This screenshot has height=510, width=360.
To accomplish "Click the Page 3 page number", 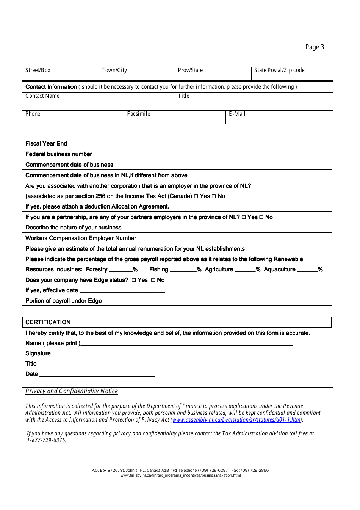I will pyautogui.click(x=315, y=47).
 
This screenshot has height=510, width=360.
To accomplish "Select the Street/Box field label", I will pyautogui.click(x=38, y=70).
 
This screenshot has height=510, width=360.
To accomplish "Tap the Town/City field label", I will pyautogui.click(x=114, y=70).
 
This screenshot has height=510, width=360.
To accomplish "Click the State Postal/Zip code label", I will pyautogui.click(x=279, y=70).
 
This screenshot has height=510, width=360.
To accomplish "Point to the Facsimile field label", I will pyautogui.click(x=139, y=114).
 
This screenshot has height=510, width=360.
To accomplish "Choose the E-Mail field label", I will pyautogui.click(x=237, y=114).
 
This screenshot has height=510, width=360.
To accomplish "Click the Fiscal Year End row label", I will pyautogui.click(x=46, y=143).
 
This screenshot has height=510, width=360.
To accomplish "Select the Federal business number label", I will pyautogui.click(x=59, y=154).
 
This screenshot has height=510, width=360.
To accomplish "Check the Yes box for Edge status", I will pyautogui.click(x=133, y=280).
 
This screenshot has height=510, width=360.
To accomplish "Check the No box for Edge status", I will pyautogui.click(x=153, y=280).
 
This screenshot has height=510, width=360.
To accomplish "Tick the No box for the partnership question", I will pyautogui.click(x=261, y=217).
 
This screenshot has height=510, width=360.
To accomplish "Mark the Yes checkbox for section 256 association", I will pyautogui.click(x=196, y=196).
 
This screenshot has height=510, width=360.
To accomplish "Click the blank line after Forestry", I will pyautogui.click(x=121, y=270).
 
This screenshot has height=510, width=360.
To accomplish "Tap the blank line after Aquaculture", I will pyautogui.click(x=307, y=270).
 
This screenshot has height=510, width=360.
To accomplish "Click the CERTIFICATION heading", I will pyautogui.click(x=48, y=322).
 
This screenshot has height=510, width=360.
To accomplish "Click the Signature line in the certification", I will pyautogui.click(x=158, y=354).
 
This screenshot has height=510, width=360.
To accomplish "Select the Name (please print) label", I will pyautogui.click(x=53, y=343).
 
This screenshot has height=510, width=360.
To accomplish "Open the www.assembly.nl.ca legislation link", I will pyautogui.click(x=236, y=420).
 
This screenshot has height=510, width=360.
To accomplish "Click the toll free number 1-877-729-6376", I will pyautogui.click(x=46, y=440).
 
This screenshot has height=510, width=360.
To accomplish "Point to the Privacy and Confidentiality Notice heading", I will pyautogui.click(x=72, y=391).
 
